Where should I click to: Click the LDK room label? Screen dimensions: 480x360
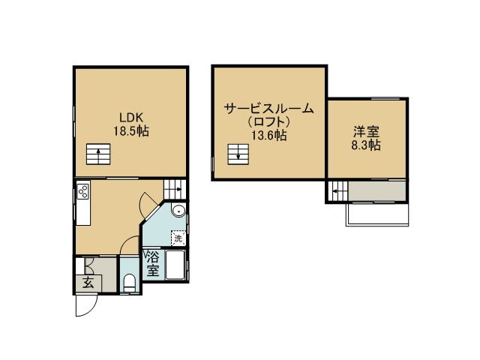pos(131,118)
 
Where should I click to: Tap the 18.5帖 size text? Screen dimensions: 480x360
pos(131,131)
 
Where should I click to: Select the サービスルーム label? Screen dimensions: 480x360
pos(269,108)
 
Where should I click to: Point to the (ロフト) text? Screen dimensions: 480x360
pos(269,121)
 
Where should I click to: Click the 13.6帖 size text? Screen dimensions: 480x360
pos(269,135)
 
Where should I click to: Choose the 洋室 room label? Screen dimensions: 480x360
pos(367,132)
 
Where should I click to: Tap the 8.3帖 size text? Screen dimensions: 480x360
pos(366,145)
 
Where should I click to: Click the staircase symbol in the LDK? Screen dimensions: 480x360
pos(98,154)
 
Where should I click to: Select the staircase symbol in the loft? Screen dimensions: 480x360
pos(238,154)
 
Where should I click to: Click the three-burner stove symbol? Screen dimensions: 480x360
pos(83,192)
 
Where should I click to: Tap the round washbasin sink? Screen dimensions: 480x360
pos(178,211)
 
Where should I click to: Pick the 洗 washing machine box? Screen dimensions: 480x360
pos(178,238)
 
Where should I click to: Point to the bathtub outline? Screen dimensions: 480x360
pos(175,265)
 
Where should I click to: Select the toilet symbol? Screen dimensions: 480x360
pos(130,283)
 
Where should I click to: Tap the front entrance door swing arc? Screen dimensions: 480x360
pos(92,307)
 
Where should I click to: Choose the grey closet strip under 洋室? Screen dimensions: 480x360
pos(377,191)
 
